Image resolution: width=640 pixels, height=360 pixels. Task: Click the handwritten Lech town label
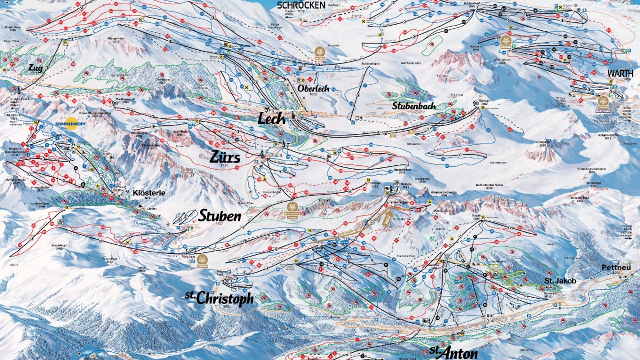[x=271, y=118]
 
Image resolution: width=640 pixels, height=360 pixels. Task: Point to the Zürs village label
[x=225, y=158]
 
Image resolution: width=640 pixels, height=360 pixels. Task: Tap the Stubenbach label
[x=414, y=106]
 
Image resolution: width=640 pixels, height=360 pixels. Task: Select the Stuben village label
[x=220, y=216]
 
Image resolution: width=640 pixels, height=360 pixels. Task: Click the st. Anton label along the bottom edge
[x=453, y=352]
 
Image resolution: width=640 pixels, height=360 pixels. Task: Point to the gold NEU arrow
[x=385, y=218]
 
